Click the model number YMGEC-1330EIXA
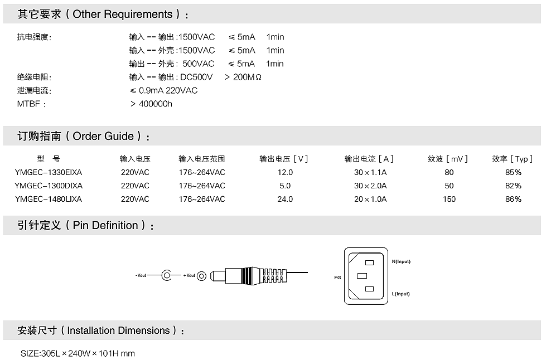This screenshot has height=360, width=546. tap(49, 172)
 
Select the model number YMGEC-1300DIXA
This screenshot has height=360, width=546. tap(49, 186)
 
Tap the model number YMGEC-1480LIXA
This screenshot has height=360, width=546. tap(49, 199)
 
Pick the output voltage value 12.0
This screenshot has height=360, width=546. tap(285, 172)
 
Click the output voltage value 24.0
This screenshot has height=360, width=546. tap(285, 199)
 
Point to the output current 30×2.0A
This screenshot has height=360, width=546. tap(370, 186)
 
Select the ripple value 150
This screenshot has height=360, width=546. tap(449, 199)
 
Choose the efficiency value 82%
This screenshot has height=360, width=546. tap(513, 186)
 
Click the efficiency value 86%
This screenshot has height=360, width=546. tap(513, 199)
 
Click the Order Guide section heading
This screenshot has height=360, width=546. tap(84, 137)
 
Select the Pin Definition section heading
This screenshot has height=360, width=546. tap(86, 226)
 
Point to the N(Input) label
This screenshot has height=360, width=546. tap(401, 261)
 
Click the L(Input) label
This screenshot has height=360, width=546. tap(400, 294)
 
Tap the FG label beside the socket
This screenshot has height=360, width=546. tap(337, 277)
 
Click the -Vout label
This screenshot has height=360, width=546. tap(141, 275)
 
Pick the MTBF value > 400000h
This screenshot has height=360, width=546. tap(151, 104)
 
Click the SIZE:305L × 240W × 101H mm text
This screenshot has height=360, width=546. tap(78, 353)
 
